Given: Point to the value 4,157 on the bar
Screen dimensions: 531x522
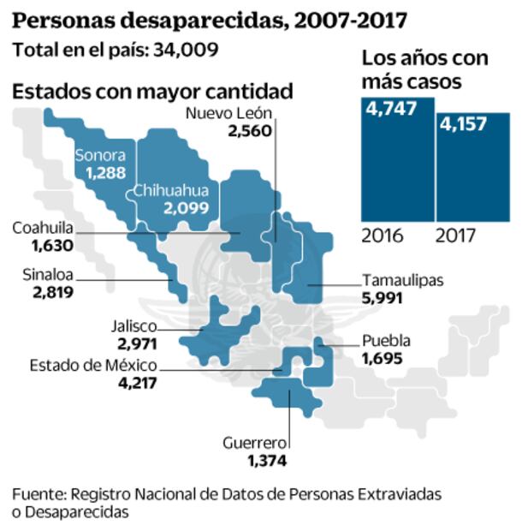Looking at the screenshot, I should [465, 124].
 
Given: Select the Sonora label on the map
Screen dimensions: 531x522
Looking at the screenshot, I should [100, 155].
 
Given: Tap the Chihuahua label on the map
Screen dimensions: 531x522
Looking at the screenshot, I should [169, 191].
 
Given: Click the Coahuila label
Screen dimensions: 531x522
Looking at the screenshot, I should [42, 228].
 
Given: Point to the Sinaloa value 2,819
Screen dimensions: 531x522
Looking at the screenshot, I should [49, 292].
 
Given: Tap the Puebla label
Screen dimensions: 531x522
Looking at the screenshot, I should [386, 340].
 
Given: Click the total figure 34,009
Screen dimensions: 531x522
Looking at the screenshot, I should [186, 49].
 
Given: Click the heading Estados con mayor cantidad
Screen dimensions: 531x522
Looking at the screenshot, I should [153, 90].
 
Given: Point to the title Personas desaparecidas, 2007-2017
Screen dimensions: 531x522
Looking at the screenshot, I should [210, 19].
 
